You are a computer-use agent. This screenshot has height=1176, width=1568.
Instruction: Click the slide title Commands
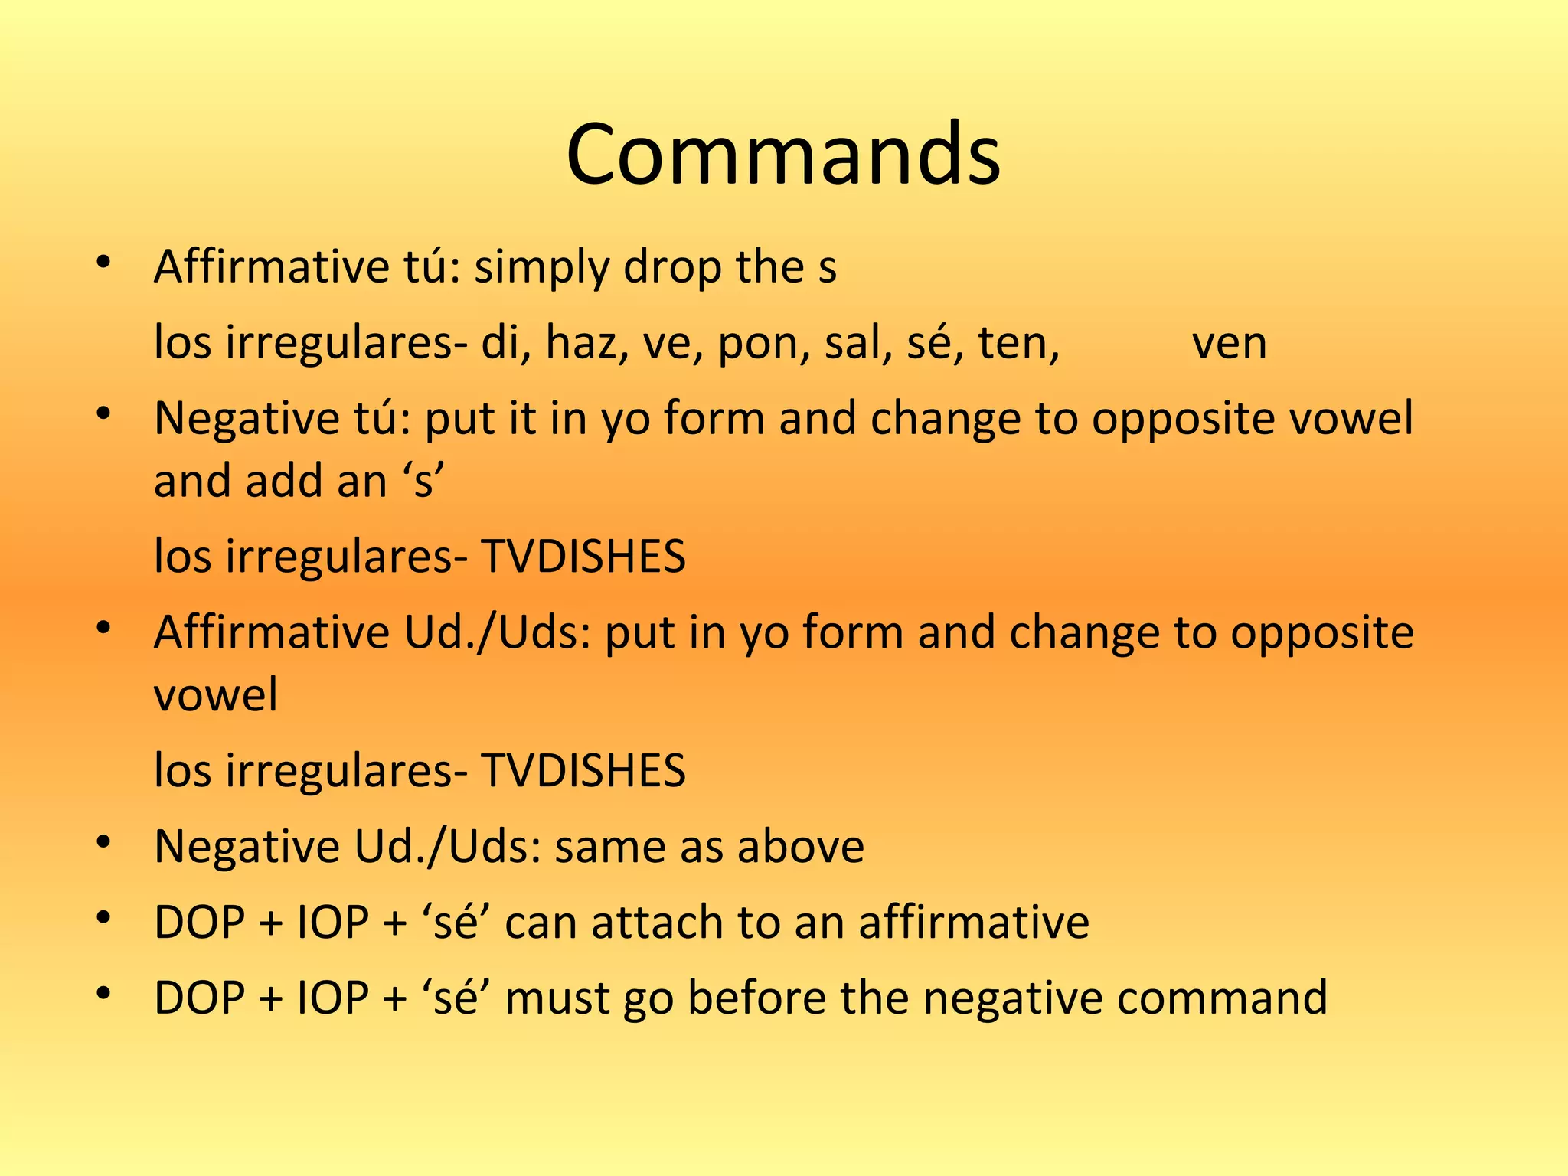pos(783,155)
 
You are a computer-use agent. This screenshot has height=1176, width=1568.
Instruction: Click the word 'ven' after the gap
pos(1229,344)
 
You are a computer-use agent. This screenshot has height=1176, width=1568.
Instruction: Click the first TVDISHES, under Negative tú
pos(583,557)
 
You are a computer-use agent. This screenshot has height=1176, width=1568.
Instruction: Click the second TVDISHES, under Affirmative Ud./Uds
pos(583,770)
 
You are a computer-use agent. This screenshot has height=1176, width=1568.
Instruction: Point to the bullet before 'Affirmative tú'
pos(105,263)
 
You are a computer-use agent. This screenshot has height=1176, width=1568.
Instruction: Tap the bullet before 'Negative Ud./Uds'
pos(105,842)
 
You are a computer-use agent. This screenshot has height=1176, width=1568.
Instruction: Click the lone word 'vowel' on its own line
pos(216,695)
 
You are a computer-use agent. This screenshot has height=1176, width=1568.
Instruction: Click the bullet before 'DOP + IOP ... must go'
pos(105,993)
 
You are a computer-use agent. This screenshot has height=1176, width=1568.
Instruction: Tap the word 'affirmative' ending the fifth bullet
pos(974,922)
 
